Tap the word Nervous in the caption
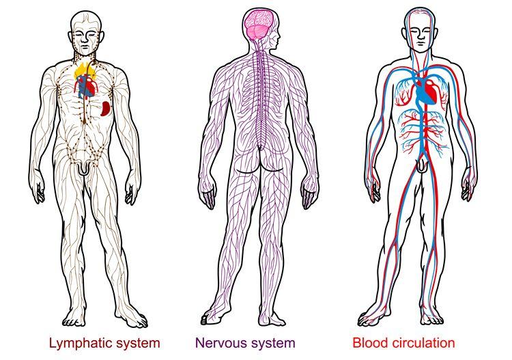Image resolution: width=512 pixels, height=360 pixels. point(218,342)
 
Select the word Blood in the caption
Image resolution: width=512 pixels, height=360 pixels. point(369,342)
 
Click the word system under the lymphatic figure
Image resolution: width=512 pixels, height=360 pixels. point(137,342)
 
